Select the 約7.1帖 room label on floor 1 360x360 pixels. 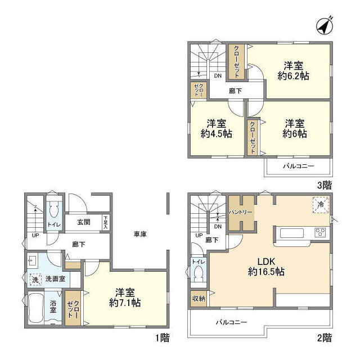125,302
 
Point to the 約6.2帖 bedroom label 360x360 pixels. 292,75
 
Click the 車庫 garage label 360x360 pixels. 140,234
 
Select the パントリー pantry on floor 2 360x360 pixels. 241,214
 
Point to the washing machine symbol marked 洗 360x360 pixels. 34,278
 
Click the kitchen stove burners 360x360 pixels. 320,233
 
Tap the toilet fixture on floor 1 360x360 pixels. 53,213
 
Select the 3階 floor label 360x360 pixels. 323,184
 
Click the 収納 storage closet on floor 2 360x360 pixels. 199,299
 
